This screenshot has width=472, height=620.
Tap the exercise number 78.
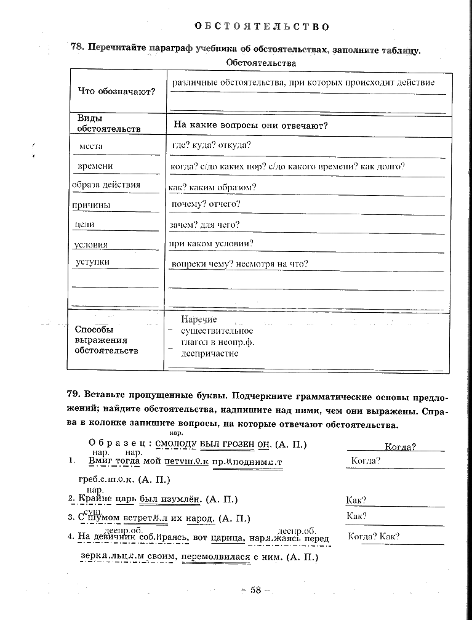click(x=78, y=49)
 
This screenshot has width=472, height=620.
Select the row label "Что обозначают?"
click(x=117, y=92)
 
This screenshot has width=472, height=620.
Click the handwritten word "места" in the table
click(x=91, y=146)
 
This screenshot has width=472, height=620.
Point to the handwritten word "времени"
click(x=95, y=166)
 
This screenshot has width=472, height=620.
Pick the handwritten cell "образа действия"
click(x=106, y=185)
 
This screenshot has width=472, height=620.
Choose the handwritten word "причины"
click(x=91, y=205)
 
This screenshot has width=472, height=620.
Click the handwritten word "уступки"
click(x=92, y=262)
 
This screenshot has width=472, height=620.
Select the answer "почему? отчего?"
click(x=206, y=204)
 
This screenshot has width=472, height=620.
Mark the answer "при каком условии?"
click(x=212, y=244)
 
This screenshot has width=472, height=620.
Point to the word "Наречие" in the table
click(x=199, y=320)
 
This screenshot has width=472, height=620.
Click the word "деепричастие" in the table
click(x=210, y=354)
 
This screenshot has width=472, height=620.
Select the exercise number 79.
click(x=74, y=395)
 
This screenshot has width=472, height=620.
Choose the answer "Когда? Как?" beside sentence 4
click(x=374, y=536)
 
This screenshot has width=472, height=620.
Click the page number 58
click(x=255, y=590)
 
